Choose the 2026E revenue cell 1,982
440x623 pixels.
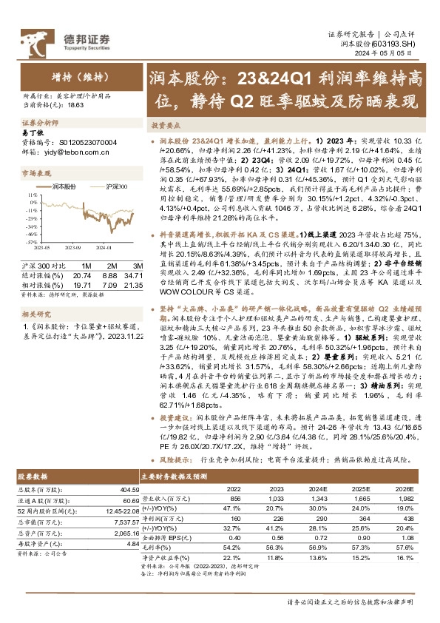[x=400, y=499]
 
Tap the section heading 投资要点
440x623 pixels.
[x=165, y=126]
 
